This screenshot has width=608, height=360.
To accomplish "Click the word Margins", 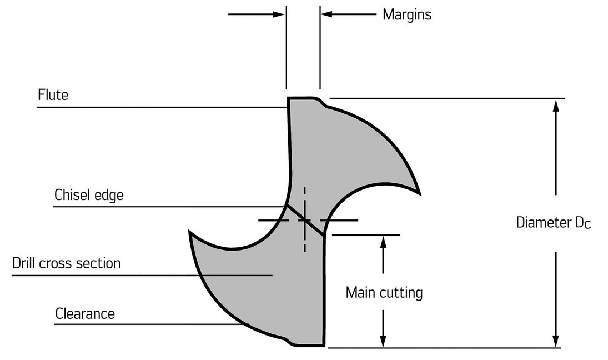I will pyautogui.click(x=406, y=14).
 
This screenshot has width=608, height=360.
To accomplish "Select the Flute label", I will pyautogui.click(x=53, y=95).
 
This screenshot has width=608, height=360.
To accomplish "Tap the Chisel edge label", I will pyautogui.click(x=89, y=196).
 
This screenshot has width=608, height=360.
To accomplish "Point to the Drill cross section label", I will pyautogui.click(x=67, y=263).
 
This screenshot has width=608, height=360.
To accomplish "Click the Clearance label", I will pyautogui.click(x=85, y=314).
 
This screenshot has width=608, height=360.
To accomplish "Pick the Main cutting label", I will pyautogui.click(x=384, y=293).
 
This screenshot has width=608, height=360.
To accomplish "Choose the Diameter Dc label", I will pyautogui.click(x=553, y=223).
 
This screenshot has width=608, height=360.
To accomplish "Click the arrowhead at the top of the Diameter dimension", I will pyautogui.click(x=556, y=105).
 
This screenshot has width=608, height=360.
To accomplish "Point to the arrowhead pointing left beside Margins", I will pyautogui.click(x=327, y=14).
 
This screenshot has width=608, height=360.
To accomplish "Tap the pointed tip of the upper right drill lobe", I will pyautogui.click(x=419, y=194).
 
